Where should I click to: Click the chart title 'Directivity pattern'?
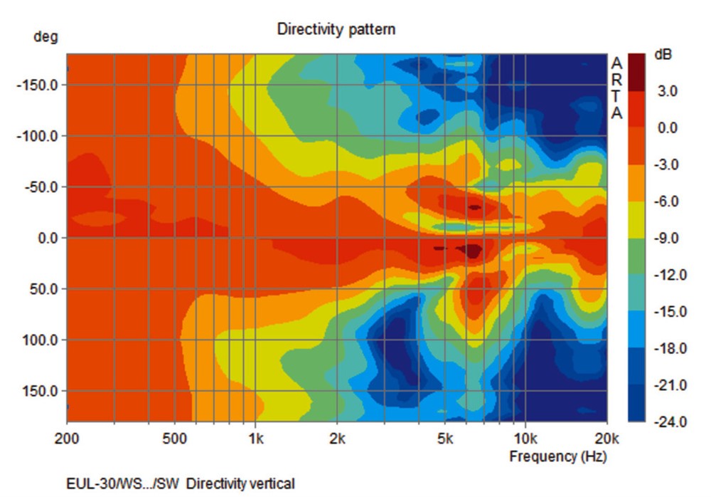(x=336, y=30)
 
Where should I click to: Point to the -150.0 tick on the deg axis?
(x=41, y=85)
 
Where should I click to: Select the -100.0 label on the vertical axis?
(x=41, y=136)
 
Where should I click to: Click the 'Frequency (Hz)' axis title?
(x=557, y=456)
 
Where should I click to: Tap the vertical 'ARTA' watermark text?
(x=616, y=89)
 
